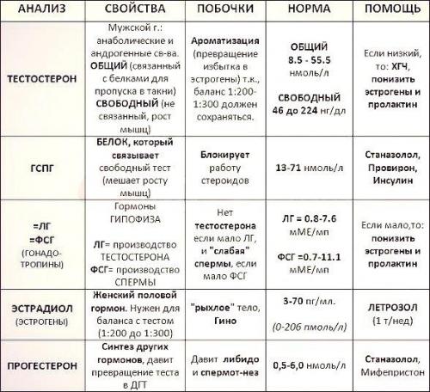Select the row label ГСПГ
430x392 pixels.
tap(40, 170)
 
